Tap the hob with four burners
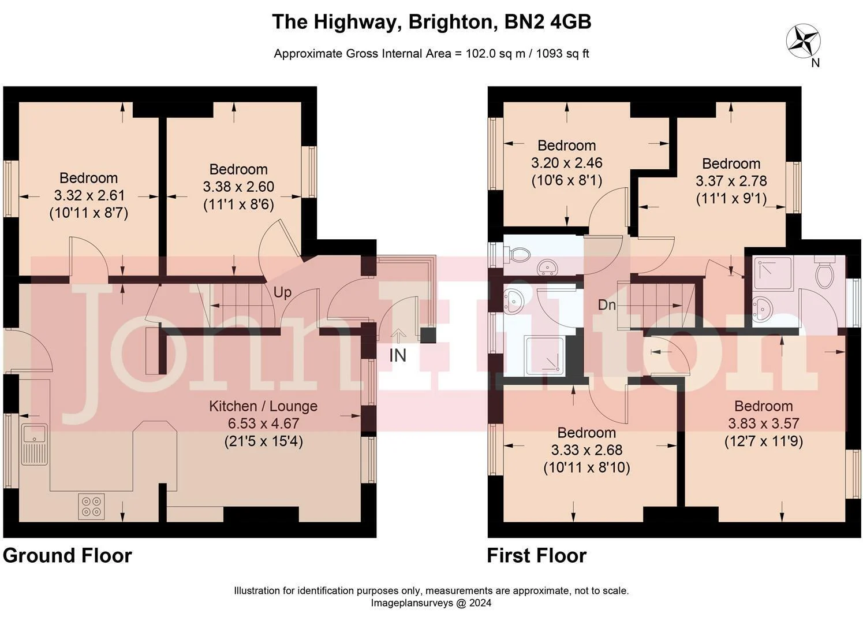[x=91, y=506]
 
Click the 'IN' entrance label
[x=398, y=355]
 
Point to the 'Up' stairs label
[x=282, y=292]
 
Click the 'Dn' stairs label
[x=607, y=305]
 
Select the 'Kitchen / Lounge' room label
[x=263, y=406]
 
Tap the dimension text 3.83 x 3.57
[x=764, y=424]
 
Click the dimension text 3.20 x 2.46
[x=567, y=163]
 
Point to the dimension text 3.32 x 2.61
[x=89, y=195]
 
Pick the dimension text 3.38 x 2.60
[x=238, y=187]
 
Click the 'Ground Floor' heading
[x=68, y=556]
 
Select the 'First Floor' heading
[x=537, y=556]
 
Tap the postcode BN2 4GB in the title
[x=547, y=21]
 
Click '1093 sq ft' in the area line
[x=562, y=54]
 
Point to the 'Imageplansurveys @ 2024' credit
[x=431, y=603]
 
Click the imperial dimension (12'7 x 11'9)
[x=764, y=441]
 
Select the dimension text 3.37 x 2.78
[x=731, y=181]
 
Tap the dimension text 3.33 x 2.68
[x=586, y=450]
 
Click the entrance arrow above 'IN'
[x=398, y=335]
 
